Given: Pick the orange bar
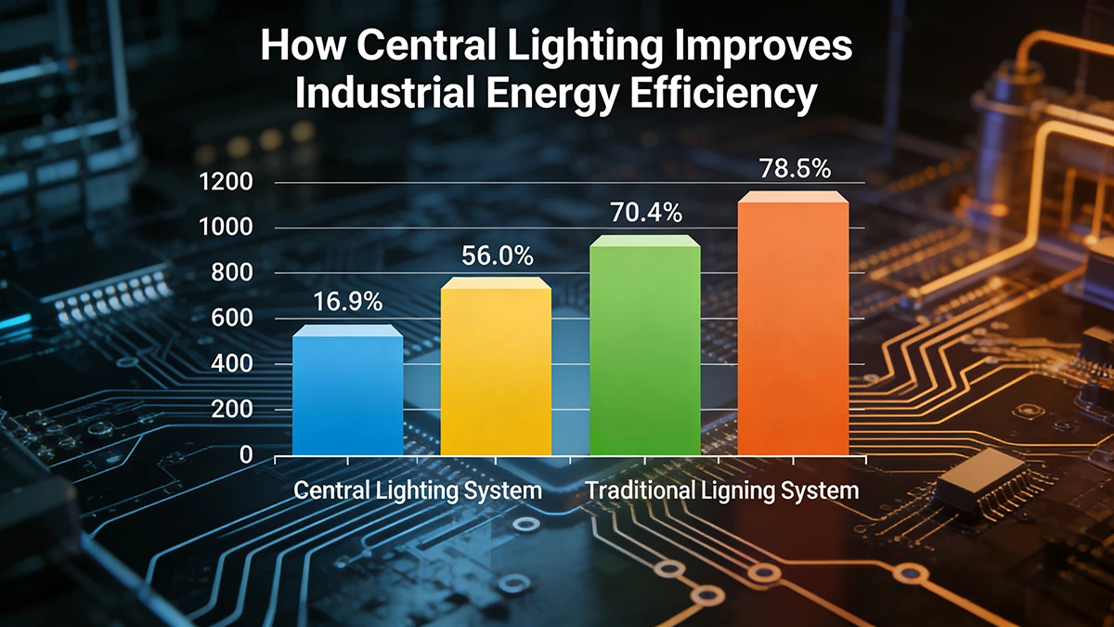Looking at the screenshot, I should point(793,325).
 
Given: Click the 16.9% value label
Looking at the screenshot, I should point(348,302).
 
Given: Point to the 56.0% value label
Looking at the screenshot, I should point(497,255).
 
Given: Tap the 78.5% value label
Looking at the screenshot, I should point(794,169).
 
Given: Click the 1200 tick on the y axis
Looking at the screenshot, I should point(226,182).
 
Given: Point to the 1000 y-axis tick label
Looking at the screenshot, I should point(226,228).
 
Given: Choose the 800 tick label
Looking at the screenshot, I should point(232,273).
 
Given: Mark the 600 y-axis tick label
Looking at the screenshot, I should point(232,319).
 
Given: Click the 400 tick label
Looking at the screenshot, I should point(232,364).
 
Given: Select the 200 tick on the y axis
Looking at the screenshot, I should point(232,410).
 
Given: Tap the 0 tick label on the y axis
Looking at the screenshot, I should point(246,455).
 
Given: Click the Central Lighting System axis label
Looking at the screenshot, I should point(418,490).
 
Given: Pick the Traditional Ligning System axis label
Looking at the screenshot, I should point(722,490).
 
